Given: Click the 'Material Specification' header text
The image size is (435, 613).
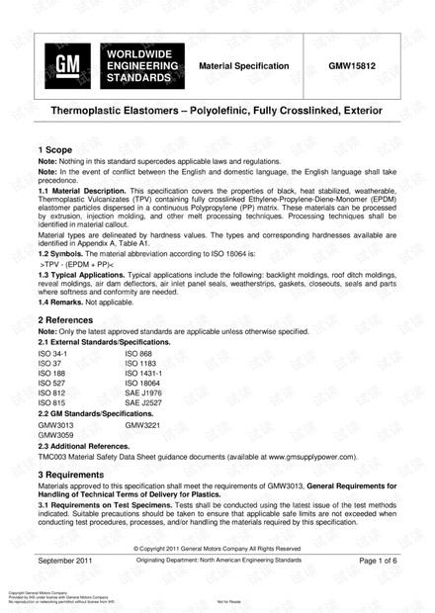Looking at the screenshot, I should [x=244, y=66].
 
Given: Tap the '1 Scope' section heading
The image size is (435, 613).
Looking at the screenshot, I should [x=60, y=148].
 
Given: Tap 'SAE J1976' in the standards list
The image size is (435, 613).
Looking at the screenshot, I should [x=143, y=393].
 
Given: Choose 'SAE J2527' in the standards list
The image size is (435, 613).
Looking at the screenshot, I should [x=143, y=403].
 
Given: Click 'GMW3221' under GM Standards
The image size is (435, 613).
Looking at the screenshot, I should [x=142, y=424].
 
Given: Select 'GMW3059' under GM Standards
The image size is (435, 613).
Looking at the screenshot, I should [x=55, y=435].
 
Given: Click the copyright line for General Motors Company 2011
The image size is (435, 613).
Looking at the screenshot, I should [x=217, y=548].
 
